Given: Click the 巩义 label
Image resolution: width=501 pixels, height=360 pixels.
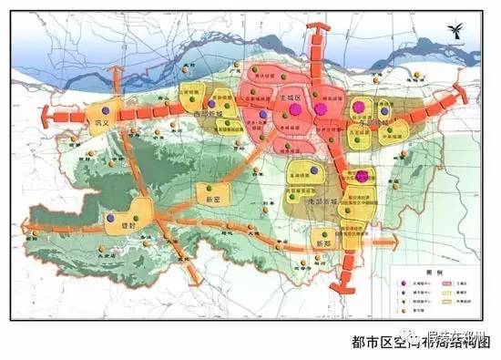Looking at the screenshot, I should tap(99, 120).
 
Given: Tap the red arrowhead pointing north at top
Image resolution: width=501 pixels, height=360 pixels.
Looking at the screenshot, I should tap(314, 29).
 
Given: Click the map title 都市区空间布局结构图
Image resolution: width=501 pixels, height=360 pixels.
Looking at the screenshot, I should tap(420, 344).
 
